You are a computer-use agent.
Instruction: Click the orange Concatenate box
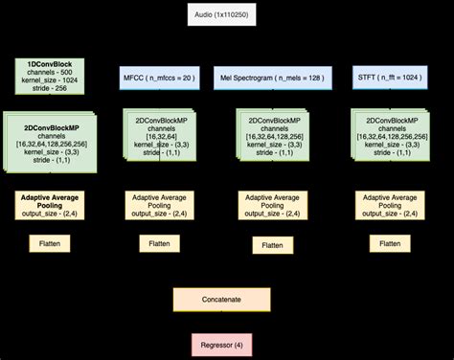point(221,299)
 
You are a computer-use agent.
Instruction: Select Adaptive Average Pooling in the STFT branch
point(390,205)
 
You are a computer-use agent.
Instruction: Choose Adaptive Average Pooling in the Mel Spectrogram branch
point(271,205)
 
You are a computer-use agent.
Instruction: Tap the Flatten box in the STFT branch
point(390,244)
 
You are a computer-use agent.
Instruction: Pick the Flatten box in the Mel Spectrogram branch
point(271,246)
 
